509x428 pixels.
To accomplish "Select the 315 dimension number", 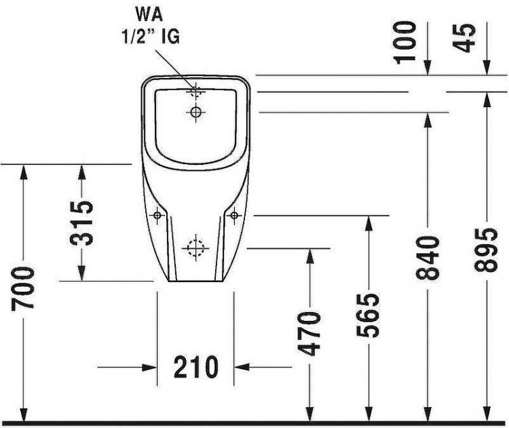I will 82,222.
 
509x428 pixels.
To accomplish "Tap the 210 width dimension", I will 195,367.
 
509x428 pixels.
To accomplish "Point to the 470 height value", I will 310,333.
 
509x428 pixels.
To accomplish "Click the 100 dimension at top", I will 406,41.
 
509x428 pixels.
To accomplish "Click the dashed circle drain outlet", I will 195,248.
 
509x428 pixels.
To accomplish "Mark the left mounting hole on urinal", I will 157,215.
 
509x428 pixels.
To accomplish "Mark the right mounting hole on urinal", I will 234,215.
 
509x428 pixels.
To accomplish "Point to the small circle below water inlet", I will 196,111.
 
